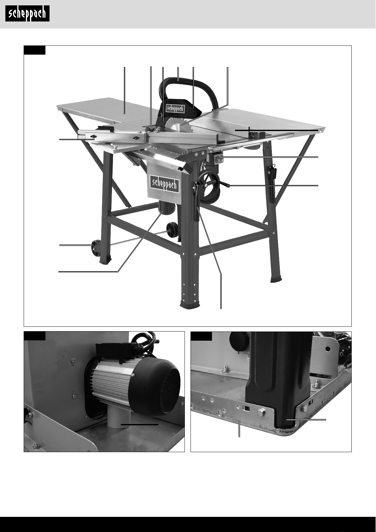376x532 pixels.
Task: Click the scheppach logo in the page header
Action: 27,14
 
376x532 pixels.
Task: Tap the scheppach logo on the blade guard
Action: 175,108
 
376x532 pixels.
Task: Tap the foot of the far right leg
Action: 276,279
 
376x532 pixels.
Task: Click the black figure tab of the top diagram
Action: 35,50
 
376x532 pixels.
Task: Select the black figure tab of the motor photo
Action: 35,336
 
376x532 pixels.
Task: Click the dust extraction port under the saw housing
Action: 167,208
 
